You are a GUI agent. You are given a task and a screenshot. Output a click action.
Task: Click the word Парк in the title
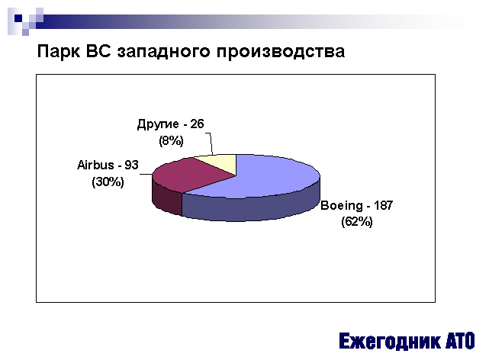(58, 51)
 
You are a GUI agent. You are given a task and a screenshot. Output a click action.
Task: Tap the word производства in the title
(281, 51)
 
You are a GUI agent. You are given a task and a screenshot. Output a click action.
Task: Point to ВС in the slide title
(98, 51)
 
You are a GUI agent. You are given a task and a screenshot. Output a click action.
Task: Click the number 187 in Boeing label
(383, 205)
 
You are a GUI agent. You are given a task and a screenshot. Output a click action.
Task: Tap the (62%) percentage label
(357, 222)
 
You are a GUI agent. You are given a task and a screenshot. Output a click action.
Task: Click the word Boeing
(342, 206)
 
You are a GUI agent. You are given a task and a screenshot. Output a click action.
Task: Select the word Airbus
(95, 165)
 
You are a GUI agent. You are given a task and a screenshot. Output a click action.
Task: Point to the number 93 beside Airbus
(131, 165)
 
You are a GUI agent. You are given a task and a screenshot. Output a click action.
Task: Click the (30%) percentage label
(108, 182)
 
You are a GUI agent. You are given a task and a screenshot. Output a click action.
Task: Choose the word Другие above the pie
(158, 124)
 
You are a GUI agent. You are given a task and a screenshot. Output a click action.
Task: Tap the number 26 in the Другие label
(197, 124)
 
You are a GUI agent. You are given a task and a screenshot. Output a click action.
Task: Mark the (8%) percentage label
(171, 140)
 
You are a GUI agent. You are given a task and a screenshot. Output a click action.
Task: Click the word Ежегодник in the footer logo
(390, 341)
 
